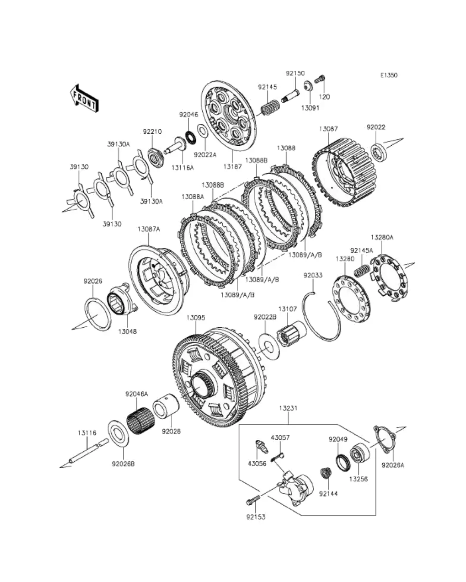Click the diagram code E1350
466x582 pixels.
tap(388, 75)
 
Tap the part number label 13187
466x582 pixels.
tap(233, 166)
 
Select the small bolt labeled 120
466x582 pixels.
tap(320, 80)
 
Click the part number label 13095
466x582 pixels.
tap(195, 318)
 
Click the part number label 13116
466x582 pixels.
tap(87, 433)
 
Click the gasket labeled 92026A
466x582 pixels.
tap(384, 439)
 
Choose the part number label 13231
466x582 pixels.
tap(288, 408)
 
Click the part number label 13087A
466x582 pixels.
tap(148, 229)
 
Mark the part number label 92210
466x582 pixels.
tap(152, 131)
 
